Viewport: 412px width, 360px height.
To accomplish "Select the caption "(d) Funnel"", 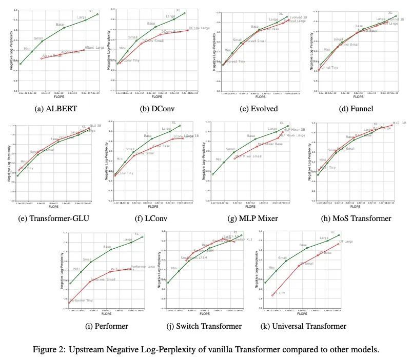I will (357, 109).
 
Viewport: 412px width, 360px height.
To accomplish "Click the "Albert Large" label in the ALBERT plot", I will (94, 47).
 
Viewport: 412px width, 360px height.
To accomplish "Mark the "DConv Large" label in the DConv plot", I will (200, 28).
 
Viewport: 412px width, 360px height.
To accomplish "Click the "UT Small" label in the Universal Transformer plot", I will (306, 263).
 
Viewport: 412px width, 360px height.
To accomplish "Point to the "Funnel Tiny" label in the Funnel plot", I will (329, 68).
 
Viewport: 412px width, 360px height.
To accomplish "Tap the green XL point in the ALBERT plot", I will (97, 14).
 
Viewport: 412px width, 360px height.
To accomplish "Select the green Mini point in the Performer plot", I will (70, 284).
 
